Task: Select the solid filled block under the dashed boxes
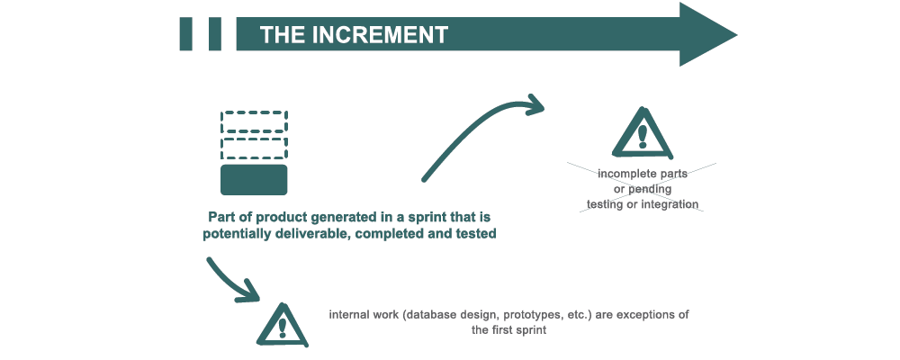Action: pos(254,179)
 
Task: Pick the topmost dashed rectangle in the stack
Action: pos(254,121)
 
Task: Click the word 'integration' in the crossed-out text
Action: pos(669,204)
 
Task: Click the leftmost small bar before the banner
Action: pos(187,34)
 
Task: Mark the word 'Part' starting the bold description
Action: pos(223,218)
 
